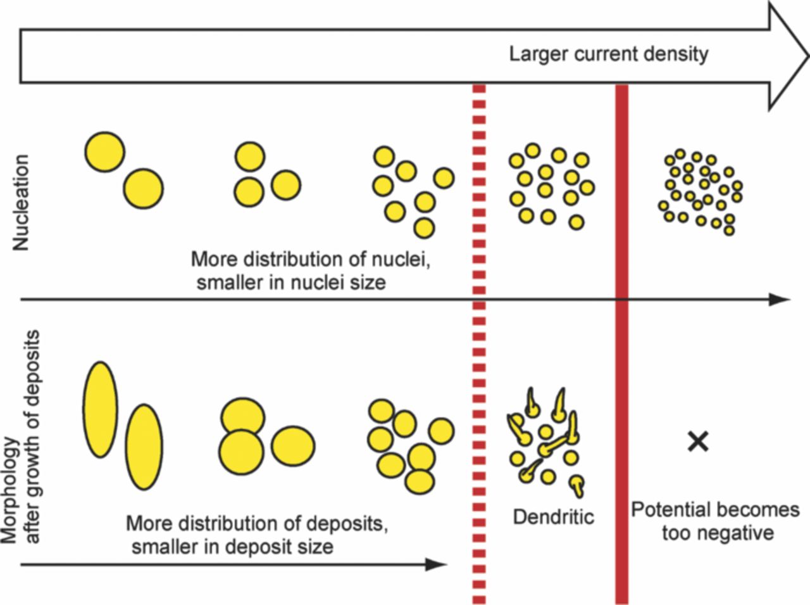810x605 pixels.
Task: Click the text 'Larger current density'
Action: [609, 54]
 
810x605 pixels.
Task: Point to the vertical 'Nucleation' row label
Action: [22, 203]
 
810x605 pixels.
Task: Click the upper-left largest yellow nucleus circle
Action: [104, 152]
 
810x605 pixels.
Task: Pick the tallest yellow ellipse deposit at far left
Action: [99, 409]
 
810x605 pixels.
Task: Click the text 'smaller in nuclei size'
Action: [290, 282]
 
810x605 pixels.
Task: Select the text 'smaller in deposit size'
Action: [232, 546]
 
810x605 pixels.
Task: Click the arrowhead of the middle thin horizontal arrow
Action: [781, 300]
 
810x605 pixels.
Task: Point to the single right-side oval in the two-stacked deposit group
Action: [293, 444]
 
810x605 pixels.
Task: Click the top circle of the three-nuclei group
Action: [249, 156]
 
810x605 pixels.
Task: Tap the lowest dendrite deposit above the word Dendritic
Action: [577, 485]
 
